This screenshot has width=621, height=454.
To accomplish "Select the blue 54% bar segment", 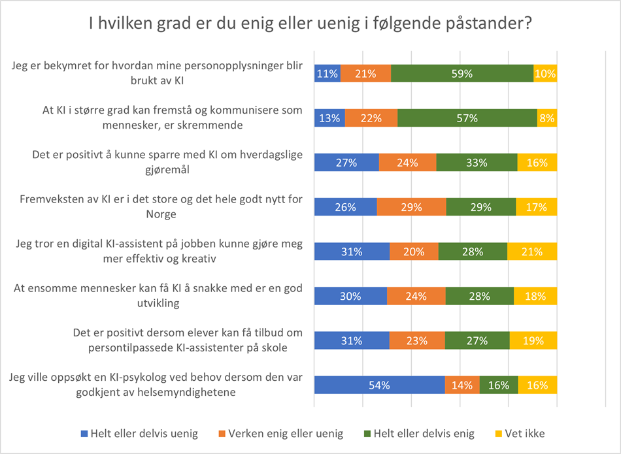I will (x=379, y=385).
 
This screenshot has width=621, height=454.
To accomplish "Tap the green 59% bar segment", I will (x=462, y=74).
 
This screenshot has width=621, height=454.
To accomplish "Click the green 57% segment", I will (x=467, y=118).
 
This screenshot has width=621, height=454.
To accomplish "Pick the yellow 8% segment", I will (x=546, y=118).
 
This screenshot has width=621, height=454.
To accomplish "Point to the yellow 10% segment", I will (x=545, y=74).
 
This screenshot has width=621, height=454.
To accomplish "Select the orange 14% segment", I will (x=462, y=385).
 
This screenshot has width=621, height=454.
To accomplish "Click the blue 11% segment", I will (x=327, y=74).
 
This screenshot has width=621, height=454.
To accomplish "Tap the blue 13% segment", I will (x=329, y=118).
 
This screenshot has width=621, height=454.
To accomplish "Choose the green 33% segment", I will (x=477, y=163).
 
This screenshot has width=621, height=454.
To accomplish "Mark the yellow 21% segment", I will (x=532, y=251).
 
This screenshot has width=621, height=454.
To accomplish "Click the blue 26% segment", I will (x=345, y=207).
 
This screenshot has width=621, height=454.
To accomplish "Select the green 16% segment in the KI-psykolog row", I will (x=499, y=385).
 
